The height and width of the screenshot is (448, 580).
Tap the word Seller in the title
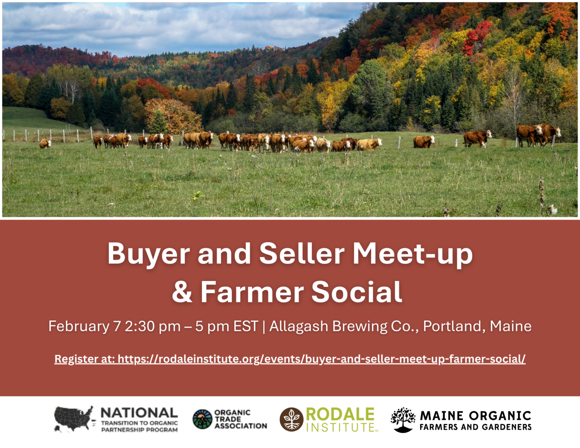302,253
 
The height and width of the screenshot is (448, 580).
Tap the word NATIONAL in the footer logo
139,413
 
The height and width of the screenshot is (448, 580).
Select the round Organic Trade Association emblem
202,419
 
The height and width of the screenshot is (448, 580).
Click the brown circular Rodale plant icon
291,420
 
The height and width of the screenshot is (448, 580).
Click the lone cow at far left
45,143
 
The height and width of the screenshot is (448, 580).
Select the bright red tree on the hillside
476,37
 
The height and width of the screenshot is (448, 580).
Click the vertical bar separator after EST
264,327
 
